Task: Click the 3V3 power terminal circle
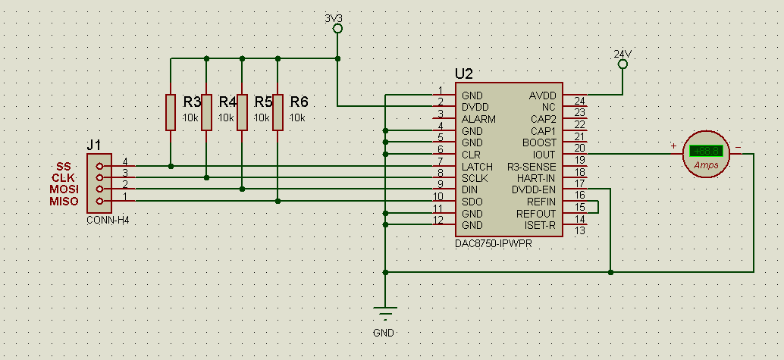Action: click(x=338, y=29)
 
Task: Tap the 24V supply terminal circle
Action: click(x=622, y=65)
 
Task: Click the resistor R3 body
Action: click(x=171, y=112)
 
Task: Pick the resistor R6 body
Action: click(x=278, y=112)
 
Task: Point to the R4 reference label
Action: click(x=227, y=102)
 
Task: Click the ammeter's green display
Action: click(x=705, y=151)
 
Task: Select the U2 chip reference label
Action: click(x=464, y=74)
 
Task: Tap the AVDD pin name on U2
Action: click(x=542, y=95)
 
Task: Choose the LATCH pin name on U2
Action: click(x=477, y=167)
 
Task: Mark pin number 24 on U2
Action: click(x=580, y=101)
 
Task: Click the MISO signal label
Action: click(x=64, y=201)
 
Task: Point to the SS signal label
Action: click(x=64, y=166)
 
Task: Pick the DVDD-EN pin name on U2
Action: click(x=534, y=190)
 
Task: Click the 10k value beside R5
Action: click(x=262, y=118)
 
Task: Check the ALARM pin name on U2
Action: click(x=478, y=119)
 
